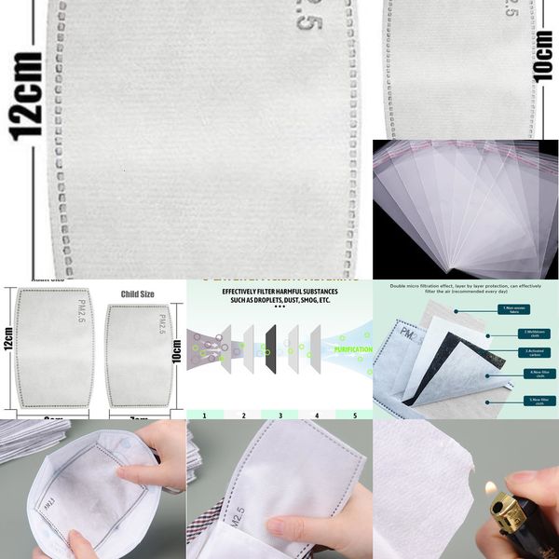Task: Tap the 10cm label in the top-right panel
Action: click(x=545, y=57)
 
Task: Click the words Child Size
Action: click(x=137, y=295)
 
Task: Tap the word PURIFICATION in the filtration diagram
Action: click(x=353, y=350)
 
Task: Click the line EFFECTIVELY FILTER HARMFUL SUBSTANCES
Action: click(x=279, y=291)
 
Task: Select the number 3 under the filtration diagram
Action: click(x=279, y=415)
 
